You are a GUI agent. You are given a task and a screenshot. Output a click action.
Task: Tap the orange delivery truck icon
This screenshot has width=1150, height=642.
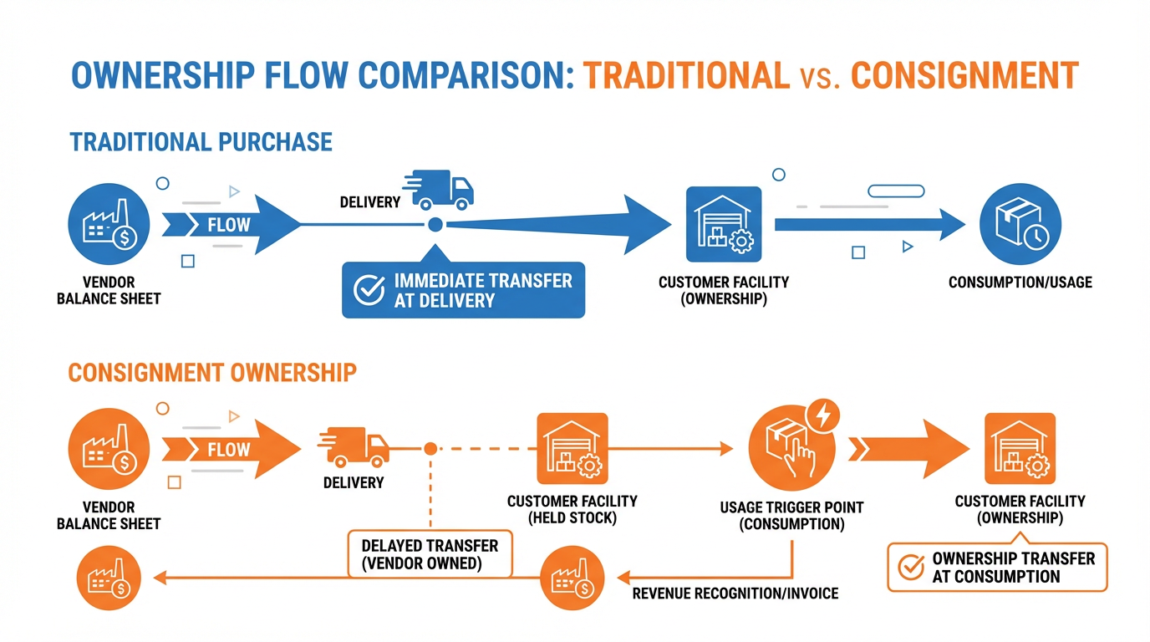coord(354,446)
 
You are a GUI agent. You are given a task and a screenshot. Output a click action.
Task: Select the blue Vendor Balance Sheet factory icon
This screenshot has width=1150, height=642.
coord(109,225)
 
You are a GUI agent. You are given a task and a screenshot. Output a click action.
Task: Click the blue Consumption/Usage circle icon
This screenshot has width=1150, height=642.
coord(1020,225)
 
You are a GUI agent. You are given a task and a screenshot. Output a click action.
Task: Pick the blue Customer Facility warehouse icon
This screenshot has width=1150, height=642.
coord(723,225)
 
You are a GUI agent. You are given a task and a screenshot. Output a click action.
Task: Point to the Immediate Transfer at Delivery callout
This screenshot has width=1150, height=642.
coord(464,290)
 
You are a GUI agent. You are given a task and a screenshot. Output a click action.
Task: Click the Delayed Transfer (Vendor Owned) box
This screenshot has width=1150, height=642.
coord(430,554)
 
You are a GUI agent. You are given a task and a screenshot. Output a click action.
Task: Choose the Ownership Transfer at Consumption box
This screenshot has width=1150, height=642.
coord(997,568)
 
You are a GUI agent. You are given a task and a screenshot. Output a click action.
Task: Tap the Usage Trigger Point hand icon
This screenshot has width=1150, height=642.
coord(788,447)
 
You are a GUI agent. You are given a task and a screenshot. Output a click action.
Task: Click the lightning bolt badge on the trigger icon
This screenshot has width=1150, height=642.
coord(823,415)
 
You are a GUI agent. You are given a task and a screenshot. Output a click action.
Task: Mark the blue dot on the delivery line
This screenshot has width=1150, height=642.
coord(435,224)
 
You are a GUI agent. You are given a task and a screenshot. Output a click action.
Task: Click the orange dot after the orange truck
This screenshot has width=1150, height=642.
coord(430,449)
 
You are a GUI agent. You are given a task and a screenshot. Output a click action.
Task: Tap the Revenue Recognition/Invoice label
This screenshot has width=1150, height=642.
coord(735,594)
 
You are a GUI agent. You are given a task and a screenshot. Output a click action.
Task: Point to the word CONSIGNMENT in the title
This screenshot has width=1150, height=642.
coord(964,75)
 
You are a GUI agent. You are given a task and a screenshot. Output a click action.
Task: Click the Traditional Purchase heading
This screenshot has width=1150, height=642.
coord(201,141)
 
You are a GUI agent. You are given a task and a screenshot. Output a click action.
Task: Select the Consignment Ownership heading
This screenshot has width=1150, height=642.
coord(212,372)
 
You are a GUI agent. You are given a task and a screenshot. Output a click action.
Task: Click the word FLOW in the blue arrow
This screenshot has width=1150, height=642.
coord(228,224)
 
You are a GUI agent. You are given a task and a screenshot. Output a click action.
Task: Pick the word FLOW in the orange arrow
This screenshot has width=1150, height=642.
coord(228,449)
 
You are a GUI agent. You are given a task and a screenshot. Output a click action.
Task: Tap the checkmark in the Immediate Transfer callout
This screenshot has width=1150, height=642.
coord(369,289)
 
